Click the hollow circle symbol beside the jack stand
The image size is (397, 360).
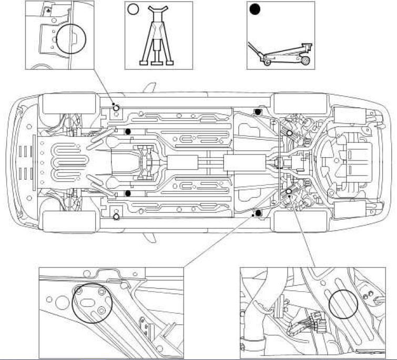(133, 9)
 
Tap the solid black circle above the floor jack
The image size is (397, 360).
(256, 10)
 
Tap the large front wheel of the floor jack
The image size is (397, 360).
(303, 61)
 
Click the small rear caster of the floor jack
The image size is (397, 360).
(267, 64)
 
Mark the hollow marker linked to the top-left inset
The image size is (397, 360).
(116, 108)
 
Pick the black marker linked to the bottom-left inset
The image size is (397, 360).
(258, 212)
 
